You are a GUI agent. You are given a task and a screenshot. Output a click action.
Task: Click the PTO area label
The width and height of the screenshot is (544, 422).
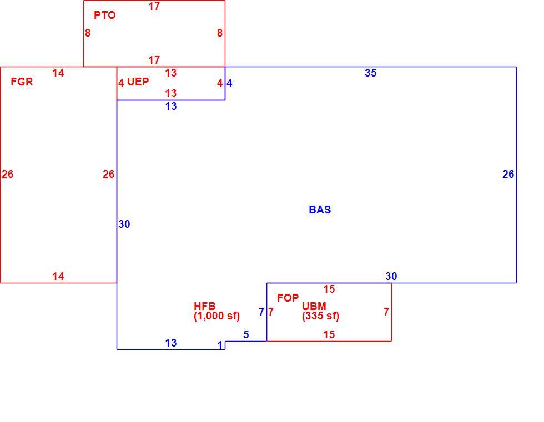[104, 15]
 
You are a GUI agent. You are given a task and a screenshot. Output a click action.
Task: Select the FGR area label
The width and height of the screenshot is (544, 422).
[22, 82]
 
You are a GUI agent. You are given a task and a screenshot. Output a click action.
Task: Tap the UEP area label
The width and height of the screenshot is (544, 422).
[138, 82]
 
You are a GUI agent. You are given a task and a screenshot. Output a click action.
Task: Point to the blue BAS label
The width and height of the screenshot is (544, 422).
[320, 210]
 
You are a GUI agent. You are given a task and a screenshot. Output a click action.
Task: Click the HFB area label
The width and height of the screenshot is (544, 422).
[205, 306]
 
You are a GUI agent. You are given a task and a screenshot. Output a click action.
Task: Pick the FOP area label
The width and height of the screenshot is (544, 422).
[288, 298]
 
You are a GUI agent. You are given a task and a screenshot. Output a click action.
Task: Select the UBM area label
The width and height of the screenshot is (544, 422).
[314, 306]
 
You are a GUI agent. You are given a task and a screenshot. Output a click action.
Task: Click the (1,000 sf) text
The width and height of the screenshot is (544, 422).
[217, 316]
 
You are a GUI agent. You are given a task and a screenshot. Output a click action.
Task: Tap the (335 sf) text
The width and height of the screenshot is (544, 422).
[321, 316]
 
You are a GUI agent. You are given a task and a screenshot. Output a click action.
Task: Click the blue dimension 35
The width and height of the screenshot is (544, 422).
[371, 73]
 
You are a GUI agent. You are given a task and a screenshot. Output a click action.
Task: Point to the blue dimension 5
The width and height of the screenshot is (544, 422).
[246, 335]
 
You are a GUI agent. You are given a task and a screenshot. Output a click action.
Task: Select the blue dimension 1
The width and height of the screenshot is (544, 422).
[220, 345]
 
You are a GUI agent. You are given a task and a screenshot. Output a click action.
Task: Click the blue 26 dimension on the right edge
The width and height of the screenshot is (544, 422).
[508, 174]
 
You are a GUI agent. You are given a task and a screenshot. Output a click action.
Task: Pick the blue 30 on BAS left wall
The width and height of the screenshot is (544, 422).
[124, 225]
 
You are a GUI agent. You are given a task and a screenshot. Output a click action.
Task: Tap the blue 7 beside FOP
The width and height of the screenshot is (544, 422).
[261, 312]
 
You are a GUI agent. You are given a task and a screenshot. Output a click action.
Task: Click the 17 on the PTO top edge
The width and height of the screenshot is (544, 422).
[154, 6]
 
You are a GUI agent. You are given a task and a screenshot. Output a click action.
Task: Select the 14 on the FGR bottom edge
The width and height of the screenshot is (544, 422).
[58, 277]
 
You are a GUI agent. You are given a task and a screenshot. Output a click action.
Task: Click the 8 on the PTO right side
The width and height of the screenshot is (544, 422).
[220, 33]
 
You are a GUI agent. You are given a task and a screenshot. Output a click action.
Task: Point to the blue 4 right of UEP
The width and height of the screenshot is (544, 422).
[229, 83]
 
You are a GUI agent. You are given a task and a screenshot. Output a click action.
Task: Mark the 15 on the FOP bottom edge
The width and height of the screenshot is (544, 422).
[329, 335]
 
